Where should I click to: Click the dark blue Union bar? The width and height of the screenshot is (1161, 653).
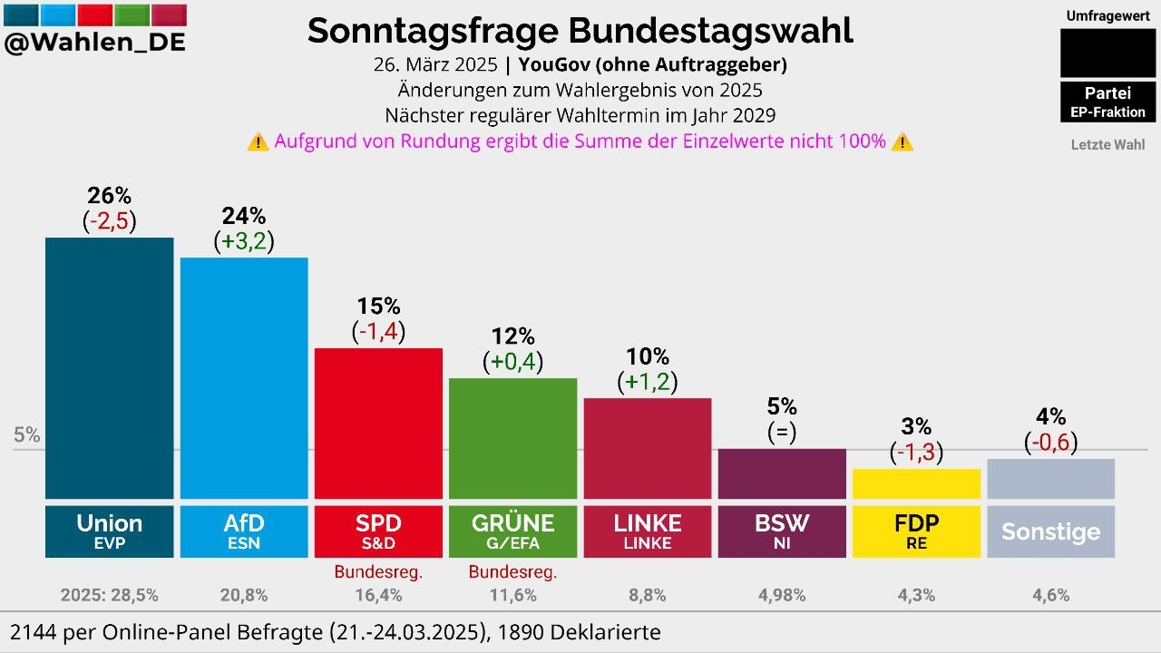(109, 367)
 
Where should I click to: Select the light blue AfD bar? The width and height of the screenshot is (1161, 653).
(244, 377)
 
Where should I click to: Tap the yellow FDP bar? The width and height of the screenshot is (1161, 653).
(916, 483)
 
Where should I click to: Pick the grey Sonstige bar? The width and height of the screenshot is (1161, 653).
(1050, 479)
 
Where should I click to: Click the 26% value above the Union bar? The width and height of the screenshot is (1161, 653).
(109, 195)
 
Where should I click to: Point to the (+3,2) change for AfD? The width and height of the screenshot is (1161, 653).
(244, 241)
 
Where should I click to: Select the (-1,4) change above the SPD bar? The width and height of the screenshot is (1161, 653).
(378, 332)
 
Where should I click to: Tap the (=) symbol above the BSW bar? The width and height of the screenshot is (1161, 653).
(781, 432)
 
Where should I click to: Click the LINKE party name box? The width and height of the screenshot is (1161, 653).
(647, 531)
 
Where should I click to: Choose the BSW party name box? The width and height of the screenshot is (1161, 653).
(781, 531)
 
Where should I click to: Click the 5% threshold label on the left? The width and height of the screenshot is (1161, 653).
(27, 435)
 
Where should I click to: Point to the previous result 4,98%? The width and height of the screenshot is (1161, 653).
(781, 596)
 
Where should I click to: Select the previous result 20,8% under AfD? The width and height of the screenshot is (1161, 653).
(244, 596)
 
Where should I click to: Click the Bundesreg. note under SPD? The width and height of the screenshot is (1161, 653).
(378, 572)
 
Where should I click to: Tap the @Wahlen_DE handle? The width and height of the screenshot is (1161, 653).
(95, 43)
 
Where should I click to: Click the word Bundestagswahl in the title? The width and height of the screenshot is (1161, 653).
(711, 31)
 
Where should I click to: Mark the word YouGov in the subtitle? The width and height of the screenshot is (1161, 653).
(551, 64)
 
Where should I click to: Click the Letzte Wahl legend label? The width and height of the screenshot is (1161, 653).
(1107, 144)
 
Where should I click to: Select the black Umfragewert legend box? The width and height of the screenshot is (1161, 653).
(1107, 53)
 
